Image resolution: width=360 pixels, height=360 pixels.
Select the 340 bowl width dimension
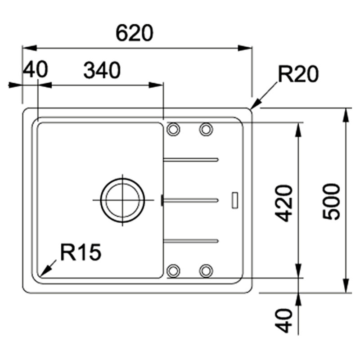coord(102,71)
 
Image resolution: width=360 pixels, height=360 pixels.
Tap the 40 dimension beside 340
coord(35,71)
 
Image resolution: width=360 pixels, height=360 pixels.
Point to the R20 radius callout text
coord(298,74)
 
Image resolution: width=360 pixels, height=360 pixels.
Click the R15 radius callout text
coord(81,253)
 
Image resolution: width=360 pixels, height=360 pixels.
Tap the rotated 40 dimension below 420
coord(284,320)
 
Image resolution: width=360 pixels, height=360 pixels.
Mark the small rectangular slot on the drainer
coord(234,199)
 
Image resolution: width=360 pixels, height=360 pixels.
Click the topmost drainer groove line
coord(191,158)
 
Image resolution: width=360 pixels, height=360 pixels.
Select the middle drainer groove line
coord(191,199)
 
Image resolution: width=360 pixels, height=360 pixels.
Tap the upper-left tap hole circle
coord(172,130)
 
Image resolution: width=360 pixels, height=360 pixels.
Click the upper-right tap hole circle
coord(206,130)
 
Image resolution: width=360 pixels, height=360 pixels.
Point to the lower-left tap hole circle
coord(172,270)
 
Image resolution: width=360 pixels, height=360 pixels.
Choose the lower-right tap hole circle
coord(206,270)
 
